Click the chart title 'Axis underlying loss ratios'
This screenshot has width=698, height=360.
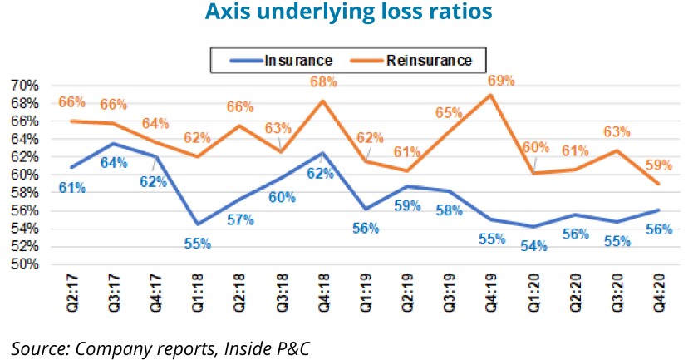[x=349, y=13]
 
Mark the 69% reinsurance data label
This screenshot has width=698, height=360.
[x=500, y=81]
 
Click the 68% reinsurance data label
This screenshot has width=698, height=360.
[x=323, y=82]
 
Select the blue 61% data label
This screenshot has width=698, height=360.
[x=71, y=189]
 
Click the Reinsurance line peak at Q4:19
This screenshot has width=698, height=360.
[x=490, y=95]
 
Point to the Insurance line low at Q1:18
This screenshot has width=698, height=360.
[x=198, y=224]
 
